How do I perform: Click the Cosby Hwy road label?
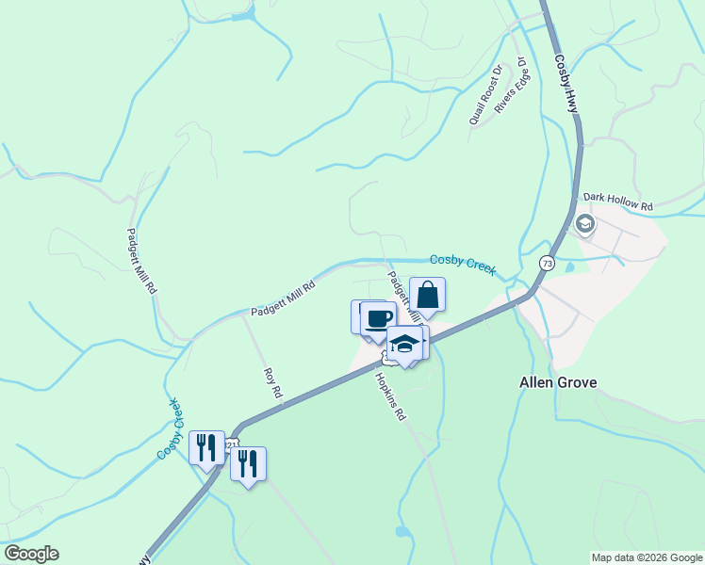(x=566, y=84)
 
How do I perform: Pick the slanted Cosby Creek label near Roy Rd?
(x=170, y=428)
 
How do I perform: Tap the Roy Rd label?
(x=273, y=381)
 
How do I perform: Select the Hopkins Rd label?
(x=390, y=396)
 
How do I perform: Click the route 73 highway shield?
(x=547, y=263)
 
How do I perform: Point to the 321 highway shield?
(x=233, y=442)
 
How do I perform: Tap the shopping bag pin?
(x=427, y=295)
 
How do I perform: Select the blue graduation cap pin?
(x=404, y=344)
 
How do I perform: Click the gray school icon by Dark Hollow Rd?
(x=584, y=224)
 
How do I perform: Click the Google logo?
(x=31, y=554)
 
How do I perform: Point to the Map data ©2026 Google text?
(x=647, y=557)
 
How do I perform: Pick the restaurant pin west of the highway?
(x=206, y=447)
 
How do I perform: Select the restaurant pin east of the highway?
(x=248, y=463)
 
